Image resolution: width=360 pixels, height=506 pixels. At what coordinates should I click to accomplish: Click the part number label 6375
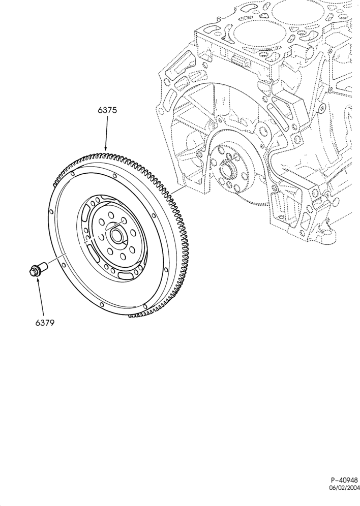click(107, 110)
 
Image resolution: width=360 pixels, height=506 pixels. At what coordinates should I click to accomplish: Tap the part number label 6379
click(45, 322)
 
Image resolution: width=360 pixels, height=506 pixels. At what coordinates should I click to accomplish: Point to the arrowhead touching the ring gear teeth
click(105, 148)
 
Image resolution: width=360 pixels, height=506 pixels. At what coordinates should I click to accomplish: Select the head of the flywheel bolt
click(34, 271)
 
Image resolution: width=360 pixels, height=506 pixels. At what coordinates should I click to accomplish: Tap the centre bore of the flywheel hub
click(116, 235)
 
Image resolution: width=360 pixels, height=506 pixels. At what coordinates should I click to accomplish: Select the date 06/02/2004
click(344, 496)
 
